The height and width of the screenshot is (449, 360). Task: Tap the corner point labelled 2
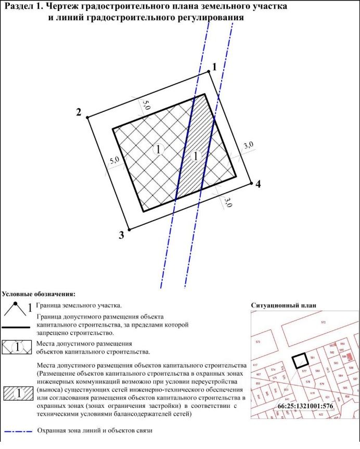click(88, 117)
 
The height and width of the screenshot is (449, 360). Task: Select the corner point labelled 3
click(128, 229)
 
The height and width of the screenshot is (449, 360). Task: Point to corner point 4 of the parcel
click(252, 184)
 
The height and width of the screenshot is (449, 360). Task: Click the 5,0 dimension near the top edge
click(146, 104)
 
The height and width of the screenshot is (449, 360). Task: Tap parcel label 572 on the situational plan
click(323, 323)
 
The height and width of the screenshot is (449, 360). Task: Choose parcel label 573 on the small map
click(258, 342)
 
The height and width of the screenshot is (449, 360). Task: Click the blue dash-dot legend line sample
click(18, 431)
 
